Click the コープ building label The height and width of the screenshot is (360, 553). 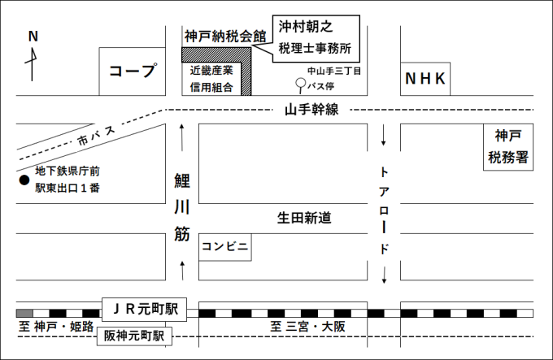pyautogui.click(x=132, y=72)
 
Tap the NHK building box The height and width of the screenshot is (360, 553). pyautogui.click(x=427, y=79)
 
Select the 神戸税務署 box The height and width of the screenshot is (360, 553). pyautogui.click(x=509, y=147)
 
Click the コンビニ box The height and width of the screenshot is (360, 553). pyautogui.click(x=225, y=245)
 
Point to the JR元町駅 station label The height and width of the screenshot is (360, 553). pyautogui.click(x=144, y=309)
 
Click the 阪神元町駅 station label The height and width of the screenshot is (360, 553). pyautogui.click(x=134, y=335)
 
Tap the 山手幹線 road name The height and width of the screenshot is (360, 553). pyautogui.click(x=311, y=109)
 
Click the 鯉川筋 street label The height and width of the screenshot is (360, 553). pyautogui.click(x=182, y=207)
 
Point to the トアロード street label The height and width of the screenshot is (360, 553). pyautogui.click(x=385, y=210)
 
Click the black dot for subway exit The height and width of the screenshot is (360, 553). pyautogui.click(x=24, y=180)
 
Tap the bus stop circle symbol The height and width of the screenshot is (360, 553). pyautogui.click(x=300, y=84)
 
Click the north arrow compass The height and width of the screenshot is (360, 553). pyautogui.click(x=33, y=57)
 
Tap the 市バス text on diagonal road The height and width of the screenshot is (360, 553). pyautogui.click(x=96, y=136)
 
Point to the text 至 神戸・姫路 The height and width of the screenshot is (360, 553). pyautogui.click(x=56, y=327)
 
